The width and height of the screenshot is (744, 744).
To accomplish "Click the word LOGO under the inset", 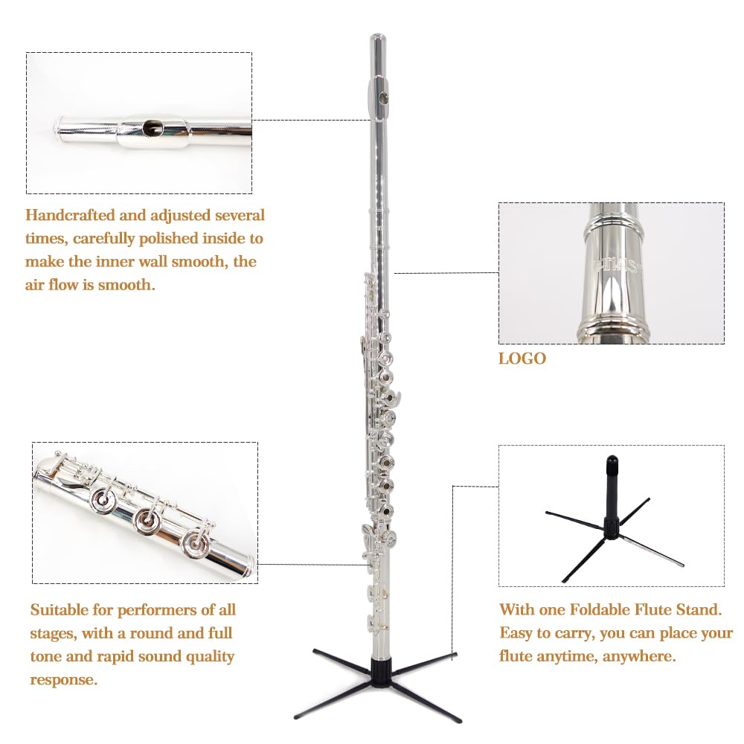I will pos(522,359).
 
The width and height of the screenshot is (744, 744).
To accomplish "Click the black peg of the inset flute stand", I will pos(612,476).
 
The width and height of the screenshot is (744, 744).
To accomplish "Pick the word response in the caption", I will pos(64,680).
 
